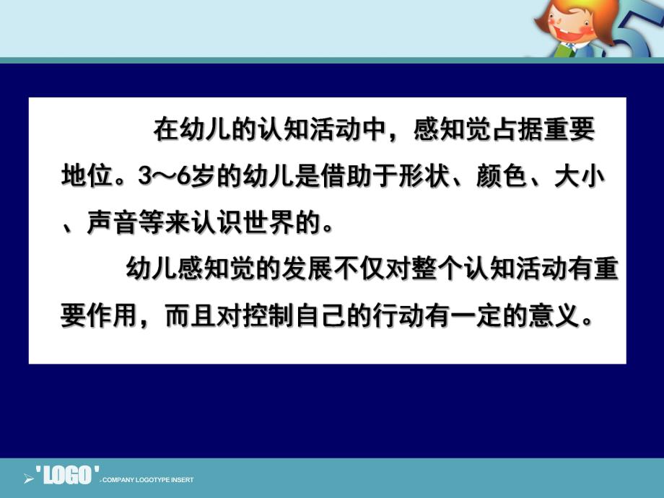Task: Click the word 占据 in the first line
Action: (517, 131)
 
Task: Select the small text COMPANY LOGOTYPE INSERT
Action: (147, 480)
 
